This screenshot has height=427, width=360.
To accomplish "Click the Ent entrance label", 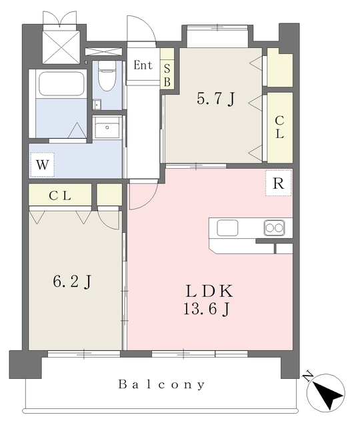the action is click(143, 65).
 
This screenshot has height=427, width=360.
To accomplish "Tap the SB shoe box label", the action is click(167, 75).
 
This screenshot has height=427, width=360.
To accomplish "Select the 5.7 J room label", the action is click(215, 99).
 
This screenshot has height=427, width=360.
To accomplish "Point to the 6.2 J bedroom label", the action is click(72, 282).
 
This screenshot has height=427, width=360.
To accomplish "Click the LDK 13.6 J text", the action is click(209, 300).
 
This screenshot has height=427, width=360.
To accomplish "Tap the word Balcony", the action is click(161, 384).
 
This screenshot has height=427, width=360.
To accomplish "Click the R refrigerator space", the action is click(279, 183).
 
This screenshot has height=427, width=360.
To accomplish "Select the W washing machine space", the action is click(42, 165).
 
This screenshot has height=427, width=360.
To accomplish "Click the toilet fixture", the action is click(107, 75).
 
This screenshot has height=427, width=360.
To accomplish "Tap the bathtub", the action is click(61, 84).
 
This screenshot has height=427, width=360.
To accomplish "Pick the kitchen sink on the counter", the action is click(227, 228).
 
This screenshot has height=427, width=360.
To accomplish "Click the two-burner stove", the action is click(274, 228).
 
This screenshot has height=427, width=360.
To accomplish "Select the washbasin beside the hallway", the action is click(107, 128).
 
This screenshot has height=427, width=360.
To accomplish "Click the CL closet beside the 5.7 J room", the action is click(280, 127).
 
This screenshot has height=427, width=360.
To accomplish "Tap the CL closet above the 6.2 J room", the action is click(60, 195).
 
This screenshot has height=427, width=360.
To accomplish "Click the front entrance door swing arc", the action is click(147, 25).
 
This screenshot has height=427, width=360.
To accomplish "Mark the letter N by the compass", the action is click(308, 376).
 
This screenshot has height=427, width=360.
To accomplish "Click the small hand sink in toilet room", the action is click(97, 104).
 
